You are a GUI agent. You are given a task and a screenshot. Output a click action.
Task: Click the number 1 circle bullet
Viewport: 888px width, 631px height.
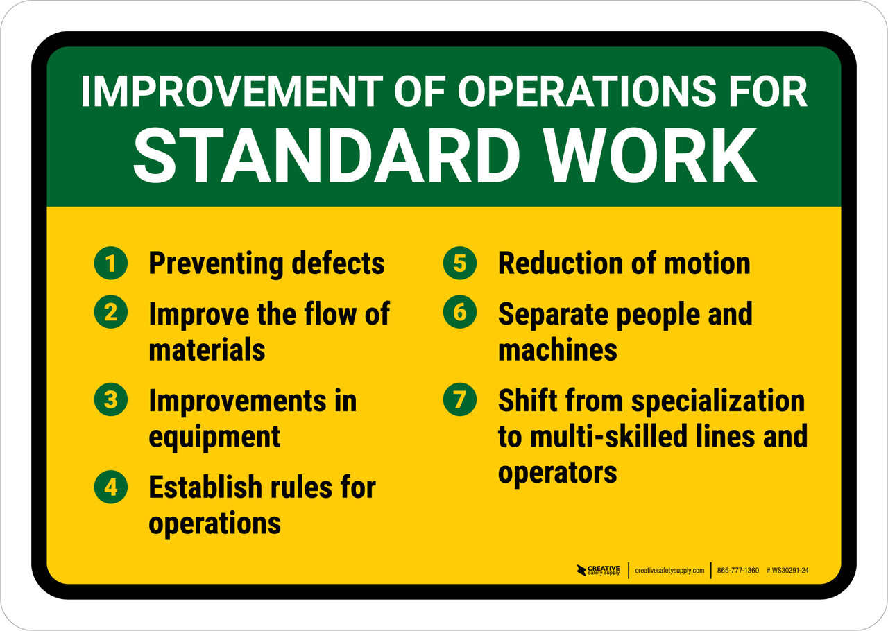point(110,263)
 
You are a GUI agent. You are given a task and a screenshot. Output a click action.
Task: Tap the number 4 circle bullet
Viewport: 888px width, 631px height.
point(110,488)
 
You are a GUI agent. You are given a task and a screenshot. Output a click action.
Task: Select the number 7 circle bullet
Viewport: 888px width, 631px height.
point(460,400)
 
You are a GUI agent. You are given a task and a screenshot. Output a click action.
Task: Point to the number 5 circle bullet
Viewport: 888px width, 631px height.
point(460,263)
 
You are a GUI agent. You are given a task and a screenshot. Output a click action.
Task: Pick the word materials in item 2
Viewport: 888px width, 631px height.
point(207,349)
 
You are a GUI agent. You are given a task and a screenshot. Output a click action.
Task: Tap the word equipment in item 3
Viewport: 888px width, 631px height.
point(214,437)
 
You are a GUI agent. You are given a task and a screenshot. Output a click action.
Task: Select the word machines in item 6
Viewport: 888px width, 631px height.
point(557,349)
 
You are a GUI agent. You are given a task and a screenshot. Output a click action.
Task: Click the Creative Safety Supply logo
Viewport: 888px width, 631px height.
point(599,571)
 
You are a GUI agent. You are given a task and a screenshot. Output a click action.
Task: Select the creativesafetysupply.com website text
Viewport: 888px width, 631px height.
point(669,571)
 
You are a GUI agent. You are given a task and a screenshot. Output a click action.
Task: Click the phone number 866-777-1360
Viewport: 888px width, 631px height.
point(738,571)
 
